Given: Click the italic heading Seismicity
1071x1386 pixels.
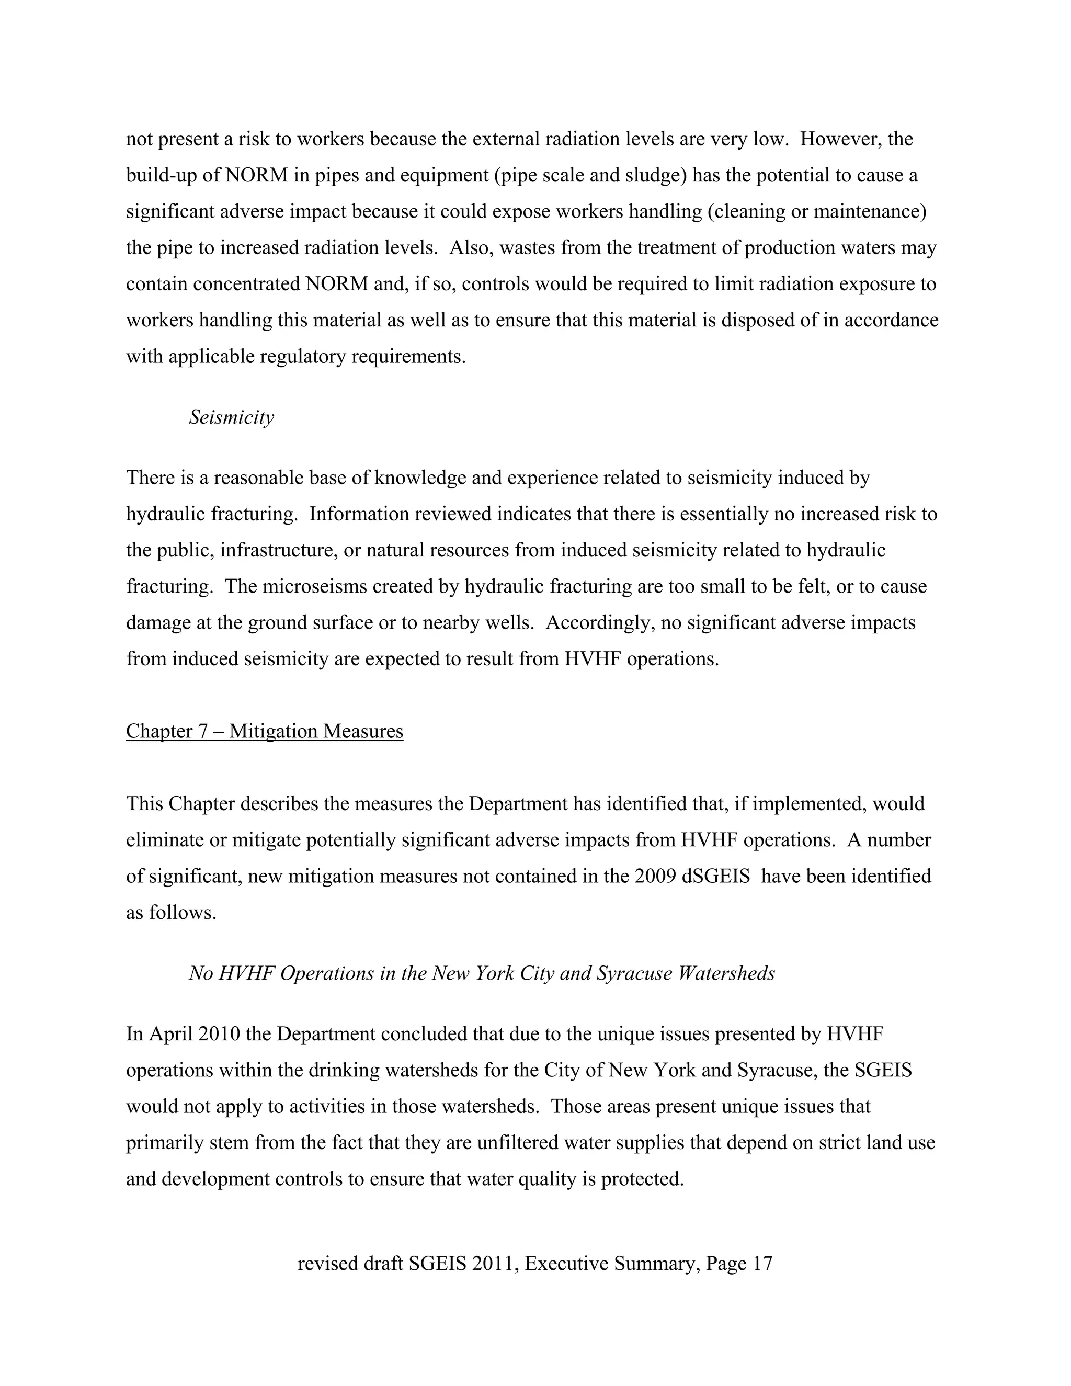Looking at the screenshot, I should pyautogui.click(x=232, y=417).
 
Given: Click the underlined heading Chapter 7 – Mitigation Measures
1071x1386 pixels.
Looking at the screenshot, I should pyautogui.click(x=265, y=731).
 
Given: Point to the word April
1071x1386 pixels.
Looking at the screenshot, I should pyautogui.click(x=169, y=1035).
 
